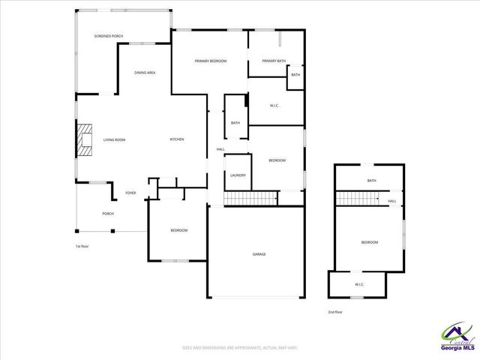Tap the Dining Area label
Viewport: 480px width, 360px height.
coord(145,72)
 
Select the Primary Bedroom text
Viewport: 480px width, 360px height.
coord(210,61)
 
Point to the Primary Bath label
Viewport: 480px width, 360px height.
coord(274,61)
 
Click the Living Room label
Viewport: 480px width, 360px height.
coord(114,139)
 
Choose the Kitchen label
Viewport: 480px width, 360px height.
coord(177,139)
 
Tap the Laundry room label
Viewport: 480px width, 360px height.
coord(238,175)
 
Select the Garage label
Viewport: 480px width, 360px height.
coord(259,254)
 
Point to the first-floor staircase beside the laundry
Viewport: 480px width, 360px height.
coord(250,198)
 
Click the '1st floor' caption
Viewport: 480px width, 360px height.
coord(82,246)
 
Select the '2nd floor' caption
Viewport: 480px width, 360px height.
coord(334,311)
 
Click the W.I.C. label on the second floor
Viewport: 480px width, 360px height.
coord(358,284)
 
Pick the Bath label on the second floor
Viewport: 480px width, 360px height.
coord(371,181)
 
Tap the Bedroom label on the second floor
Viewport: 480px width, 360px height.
coord(369,242)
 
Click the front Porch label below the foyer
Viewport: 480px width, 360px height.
coord(108,214)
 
